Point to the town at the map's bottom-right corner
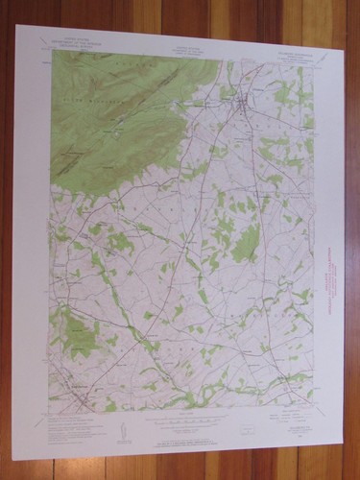point(289,378)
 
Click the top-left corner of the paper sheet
point(16,26)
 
